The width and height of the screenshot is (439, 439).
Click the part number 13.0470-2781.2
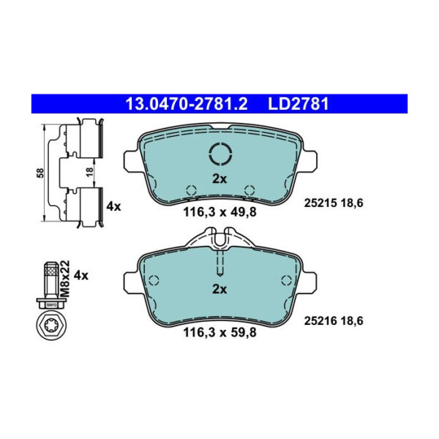pyautogui.click(x=186, y=104)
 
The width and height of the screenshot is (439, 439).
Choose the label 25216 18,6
pyautogui.click(x=334, y=320)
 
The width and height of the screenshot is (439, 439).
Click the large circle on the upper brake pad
pyautogui.click(x=219, y=154)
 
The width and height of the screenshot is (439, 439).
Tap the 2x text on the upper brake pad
pyautogui.click(x=219, y=179)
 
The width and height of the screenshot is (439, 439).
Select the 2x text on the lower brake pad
pyautogui.click(x=219, y=290)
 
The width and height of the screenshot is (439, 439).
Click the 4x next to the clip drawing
pyautogui.click(x=113, y=207)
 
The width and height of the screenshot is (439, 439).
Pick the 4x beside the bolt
pyautogui.click(x=81, y=275)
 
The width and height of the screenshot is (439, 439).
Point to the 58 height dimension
pyautogui.click(x=41, y=173)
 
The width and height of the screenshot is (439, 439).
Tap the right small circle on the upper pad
pyautogui.click(x=249, y=187)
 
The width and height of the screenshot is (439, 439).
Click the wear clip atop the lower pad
pyautogui.click(x=219, y=238)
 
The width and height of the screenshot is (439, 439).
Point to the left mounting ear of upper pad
pyautogui.click(x=132, y=160)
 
